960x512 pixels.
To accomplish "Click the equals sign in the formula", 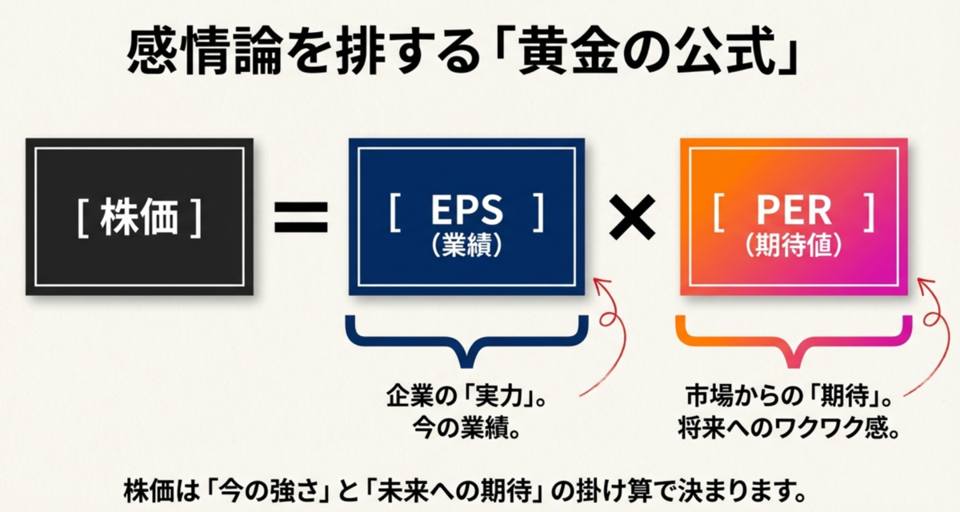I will click(301, 216).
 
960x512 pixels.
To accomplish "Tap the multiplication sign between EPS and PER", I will click(632, 216).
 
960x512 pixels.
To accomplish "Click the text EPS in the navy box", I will click(467, 210).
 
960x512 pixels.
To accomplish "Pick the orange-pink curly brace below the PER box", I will click(794, 340).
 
